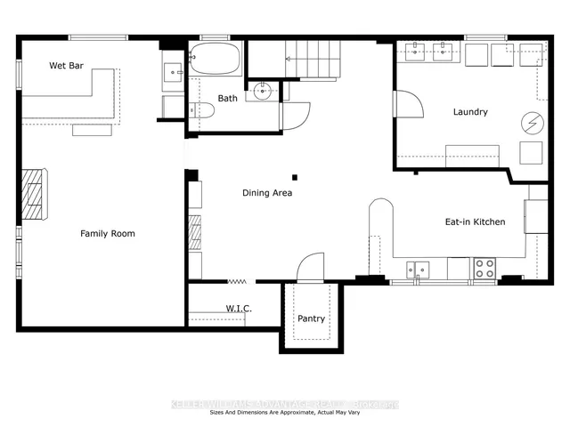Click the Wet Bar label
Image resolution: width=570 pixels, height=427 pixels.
click(66, 65)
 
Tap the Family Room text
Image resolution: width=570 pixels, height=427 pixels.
click(108, 233)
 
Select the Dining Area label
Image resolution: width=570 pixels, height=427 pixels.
click(267, 192)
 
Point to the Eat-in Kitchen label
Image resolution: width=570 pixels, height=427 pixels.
click(476, 222)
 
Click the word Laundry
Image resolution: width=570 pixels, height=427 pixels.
click(471, 112)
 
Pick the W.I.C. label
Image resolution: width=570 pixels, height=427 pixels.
click(239, 309)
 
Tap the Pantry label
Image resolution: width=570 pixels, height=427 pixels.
click(312, 318)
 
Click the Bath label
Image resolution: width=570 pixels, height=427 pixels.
click(228, 98)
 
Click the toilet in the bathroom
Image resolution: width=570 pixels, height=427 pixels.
click(202, 110)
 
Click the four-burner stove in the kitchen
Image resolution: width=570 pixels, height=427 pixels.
click(484, 267)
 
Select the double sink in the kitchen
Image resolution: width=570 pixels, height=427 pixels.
click(418, 268)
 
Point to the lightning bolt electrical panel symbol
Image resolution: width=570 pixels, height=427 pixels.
click(530, 121)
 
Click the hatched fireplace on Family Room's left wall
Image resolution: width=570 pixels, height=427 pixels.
click(33, 193)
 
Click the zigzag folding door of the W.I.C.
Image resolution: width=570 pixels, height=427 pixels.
click(237, 281)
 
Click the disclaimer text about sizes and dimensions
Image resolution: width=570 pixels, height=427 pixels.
click(285, 413)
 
